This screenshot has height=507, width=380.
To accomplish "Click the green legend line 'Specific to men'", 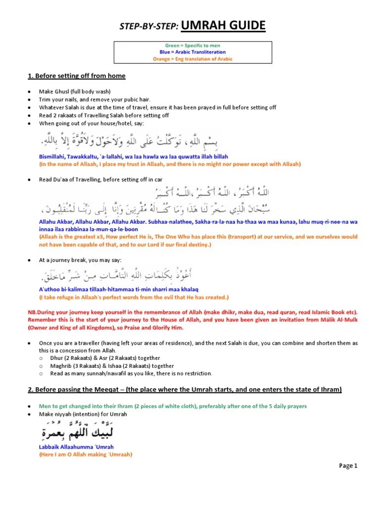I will click(x=193, y=45).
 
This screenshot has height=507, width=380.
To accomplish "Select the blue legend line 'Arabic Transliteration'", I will click(x=192, y=52).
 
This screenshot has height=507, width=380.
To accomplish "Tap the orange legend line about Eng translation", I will click(x=192, y=59).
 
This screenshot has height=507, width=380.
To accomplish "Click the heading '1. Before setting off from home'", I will click(x=76, y=76).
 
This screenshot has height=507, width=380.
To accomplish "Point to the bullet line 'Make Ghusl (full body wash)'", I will click(x=75, y=92).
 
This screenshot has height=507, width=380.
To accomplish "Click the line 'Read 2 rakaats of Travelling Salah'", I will click(x=104, y=115).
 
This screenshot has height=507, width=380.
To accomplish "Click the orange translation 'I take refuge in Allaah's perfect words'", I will click(x=134, y=297).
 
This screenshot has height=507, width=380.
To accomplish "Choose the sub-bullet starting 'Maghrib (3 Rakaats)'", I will click(x=111, y=366).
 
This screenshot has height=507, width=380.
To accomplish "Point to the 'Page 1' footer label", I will click(x=348, y=465).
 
